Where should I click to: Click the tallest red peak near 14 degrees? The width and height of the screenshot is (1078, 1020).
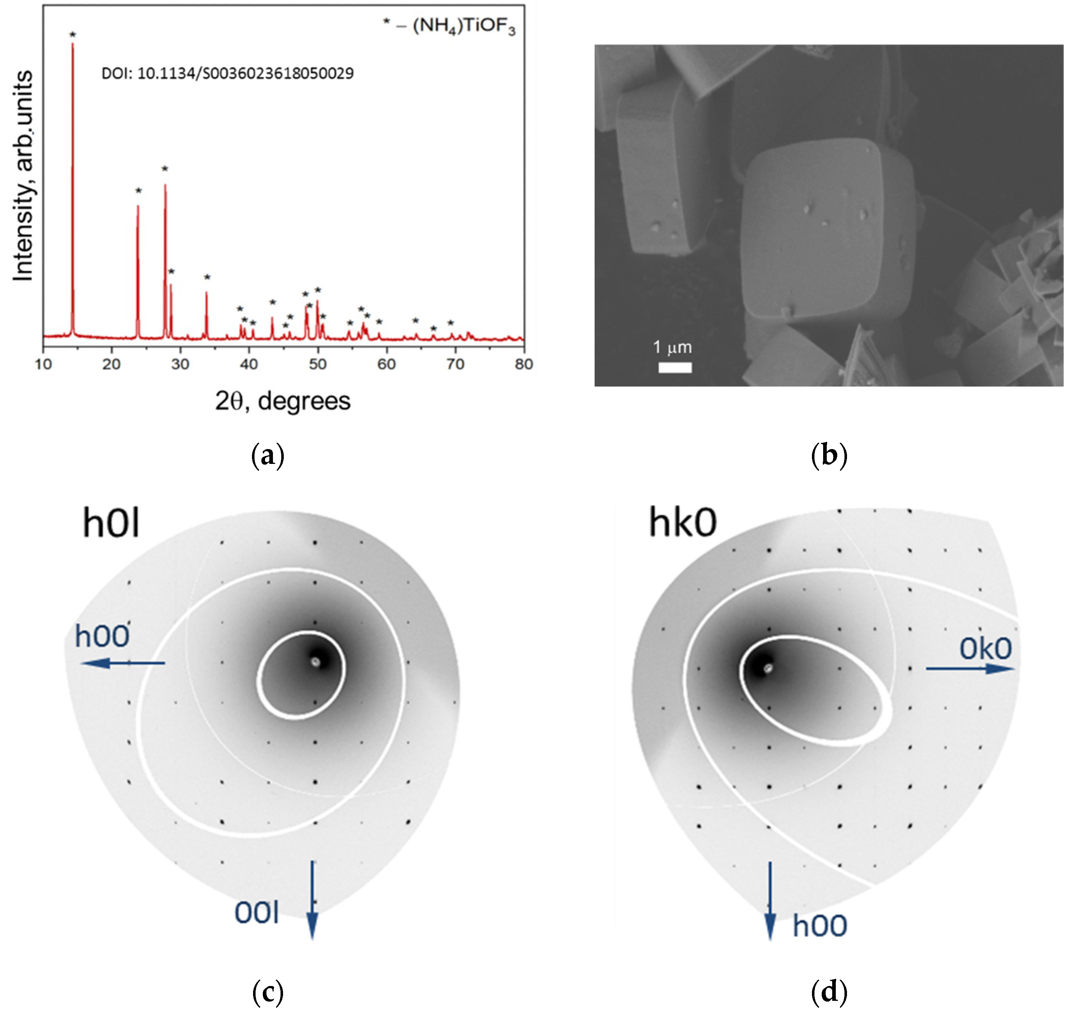coord(72,163)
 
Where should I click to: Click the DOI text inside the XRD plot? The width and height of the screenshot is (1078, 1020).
coord(227,73)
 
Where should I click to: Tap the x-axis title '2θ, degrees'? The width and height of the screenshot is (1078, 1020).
coord(283,401)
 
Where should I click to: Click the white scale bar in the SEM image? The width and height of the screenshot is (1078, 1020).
coord(675,368)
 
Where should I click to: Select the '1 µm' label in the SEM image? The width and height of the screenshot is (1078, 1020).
coord(672,347)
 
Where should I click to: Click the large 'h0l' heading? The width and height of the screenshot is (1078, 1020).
coord(111,522)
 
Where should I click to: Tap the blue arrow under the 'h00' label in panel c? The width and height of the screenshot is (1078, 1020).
coord(123,663)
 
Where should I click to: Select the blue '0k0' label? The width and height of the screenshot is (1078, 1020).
coord(985,649)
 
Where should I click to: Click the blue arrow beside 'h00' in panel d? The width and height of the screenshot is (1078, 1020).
coord(770,900)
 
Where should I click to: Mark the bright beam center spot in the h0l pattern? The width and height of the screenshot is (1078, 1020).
coord(315,662)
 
